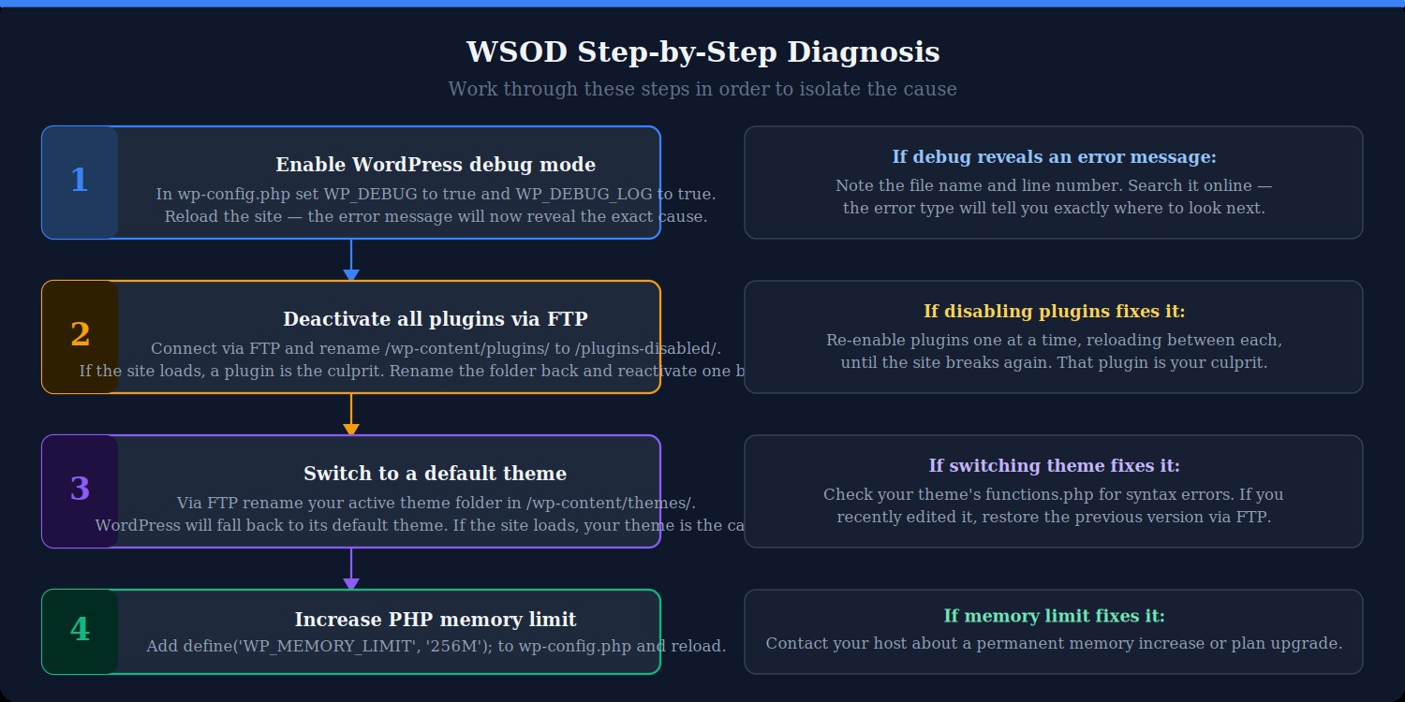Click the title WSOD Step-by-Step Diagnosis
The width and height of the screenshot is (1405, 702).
[x=702, y=52]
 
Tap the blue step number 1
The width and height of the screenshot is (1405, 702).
[x=80, y=182]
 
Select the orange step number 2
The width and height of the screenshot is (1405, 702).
[x=80, y=335]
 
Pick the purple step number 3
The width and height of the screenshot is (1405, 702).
[x=80, y=490]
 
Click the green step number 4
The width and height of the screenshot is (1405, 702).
[x=80, y=630]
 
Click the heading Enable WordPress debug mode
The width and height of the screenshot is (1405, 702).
[x=436, y=166]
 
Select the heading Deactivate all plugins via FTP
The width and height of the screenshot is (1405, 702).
[x=436, y=320]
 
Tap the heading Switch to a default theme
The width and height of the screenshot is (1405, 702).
[x=436, y=475]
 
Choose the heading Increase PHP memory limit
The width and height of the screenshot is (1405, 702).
[x=436, y=621]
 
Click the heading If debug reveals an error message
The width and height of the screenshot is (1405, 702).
[x=1054, y=157]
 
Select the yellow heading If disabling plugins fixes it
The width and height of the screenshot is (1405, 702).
[x=1054, y=312]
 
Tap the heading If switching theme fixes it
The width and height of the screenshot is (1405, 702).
[x=1054, y=466]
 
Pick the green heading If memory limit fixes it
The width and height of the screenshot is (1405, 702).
[x=1054, y=617]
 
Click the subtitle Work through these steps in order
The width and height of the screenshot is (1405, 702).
[x=702, y=90]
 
